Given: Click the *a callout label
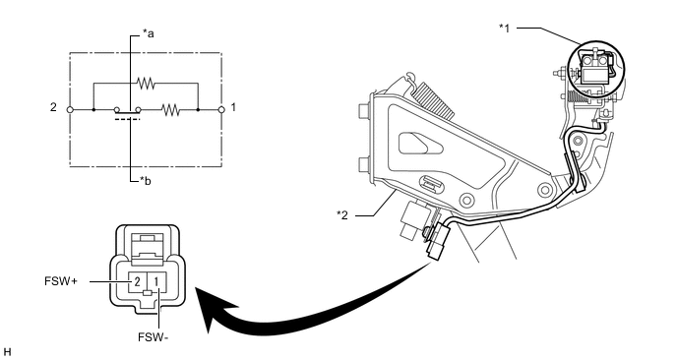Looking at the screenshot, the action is click(148, 33).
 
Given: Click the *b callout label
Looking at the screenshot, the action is click(146, 181).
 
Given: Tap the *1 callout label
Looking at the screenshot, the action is click(504, 29).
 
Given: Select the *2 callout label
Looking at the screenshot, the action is click(342, 214).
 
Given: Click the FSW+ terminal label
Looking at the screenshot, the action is click(61, 281).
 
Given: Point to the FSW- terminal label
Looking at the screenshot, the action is click(154, 337).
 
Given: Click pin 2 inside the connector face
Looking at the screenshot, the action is click(137, 282).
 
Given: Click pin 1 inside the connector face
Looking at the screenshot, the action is click(155, 282).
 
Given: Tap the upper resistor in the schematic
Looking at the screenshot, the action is click(146, 83).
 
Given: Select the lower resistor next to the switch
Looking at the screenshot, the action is click(171, 110).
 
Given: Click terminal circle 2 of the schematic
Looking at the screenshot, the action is click(70, 109).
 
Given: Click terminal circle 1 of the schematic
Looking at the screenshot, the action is click(221, 109).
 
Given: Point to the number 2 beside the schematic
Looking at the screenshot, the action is click(53, 107).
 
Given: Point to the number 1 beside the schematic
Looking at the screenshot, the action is click(233, 107).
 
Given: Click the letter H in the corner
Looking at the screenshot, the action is click(7, 353).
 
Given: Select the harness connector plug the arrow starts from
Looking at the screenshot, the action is click(439, 242).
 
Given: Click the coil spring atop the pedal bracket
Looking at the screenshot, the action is click(433, 100).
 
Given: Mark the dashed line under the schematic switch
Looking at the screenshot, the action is click(128, 119).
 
